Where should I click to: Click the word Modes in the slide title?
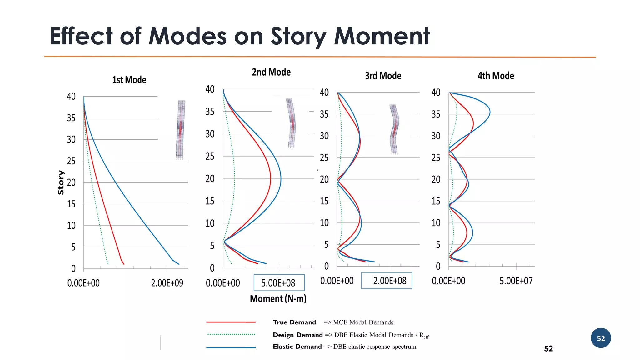point(187,36)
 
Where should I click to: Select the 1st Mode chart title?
point(129,80)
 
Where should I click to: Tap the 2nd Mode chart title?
point(271,72)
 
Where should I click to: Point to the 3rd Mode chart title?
point(383,76)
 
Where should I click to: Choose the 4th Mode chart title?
point(496,76)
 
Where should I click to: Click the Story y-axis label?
point(61,182)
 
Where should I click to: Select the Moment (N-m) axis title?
point(278,299)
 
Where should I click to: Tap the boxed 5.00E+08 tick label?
point(279,283)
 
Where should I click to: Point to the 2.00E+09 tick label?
point(167,283)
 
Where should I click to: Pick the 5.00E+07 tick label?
point(516,281)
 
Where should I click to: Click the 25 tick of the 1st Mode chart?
point(71,161)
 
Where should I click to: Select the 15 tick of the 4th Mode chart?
point(436,201)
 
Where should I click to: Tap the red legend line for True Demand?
point(231,322)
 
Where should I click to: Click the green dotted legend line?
point(231,334)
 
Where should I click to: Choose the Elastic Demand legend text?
point(297,347)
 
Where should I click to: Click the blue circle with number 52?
point(601,338)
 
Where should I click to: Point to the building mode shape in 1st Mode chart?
point(180,130)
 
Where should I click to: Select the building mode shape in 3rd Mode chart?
point(394,129)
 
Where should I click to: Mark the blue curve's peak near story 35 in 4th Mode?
point(489,112)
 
